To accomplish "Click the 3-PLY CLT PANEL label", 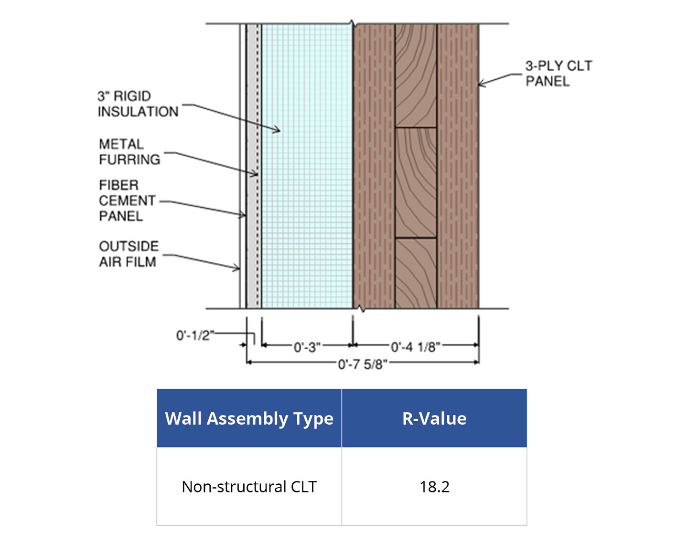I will point(558,73).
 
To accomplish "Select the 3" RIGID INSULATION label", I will point(138,104).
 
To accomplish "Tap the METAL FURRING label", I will point(129,151).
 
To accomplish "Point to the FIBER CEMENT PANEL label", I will point(127,201).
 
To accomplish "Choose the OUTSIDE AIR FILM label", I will point(128,254).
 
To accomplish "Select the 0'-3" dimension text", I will point(306,347).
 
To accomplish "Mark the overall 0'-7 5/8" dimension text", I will point(362,364).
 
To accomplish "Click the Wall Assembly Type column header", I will point(249,418).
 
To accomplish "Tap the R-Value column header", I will point(434,418).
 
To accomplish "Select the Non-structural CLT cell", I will point(249,487).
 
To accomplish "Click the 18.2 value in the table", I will point(434,487).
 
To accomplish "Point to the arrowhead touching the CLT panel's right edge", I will point(482,84).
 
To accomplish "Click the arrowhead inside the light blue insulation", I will point(277,129).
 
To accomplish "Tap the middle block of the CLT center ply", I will point(416,182).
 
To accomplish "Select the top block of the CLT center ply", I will point(416,75).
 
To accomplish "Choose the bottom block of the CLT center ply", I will point(416,273).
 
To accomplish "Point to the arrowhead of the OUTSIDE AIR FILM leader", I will point(237,268).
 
